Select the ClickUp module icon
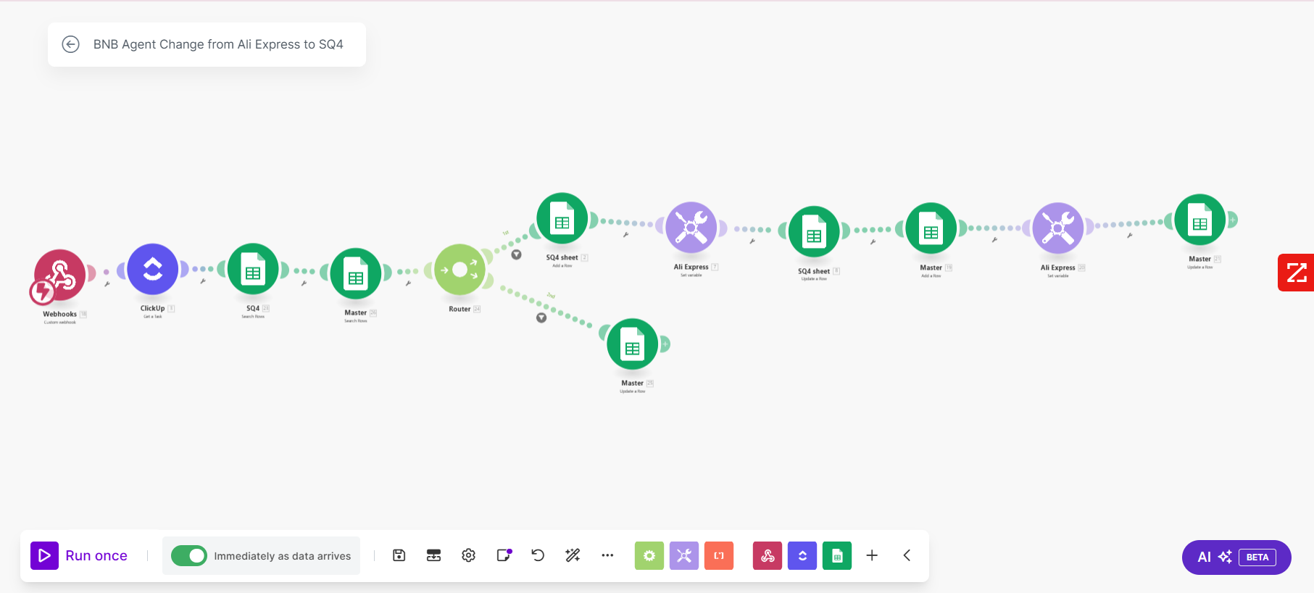152,270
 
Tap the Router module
460,270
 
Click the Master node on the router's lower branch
632,344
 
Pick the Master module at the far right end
1199,220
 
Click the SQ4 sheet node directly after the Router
562,219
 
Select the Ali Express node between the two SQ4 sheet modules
691,228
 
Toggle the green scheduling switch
189,556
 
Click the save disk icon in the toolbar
399,555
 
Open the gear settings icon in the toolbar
468,555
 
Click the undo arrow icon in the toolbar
538,555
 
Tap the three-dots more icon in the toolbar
607,555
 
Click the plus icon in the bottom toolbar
872,555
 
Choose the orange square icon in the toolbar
719,556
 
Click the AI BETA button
1236,557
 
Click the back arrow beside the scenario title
70,44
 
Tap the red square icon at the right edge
1296,273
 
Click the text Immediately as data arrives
282,556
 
